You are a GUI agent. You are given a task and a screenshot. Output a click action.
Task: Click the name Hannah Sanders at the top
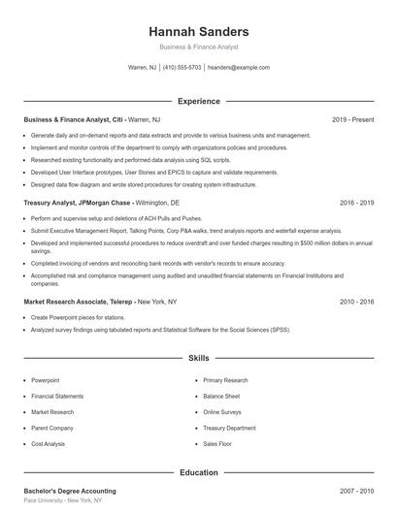tap(198, 32)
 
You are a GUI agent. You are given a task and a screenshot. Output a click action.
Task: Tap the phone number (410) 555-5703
tap(182, 68)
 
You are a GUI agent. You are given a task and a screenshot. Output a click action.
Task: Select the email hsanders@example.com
tap(239, 68)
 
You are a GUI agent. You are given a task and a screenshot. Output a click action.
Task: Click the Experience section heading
tap(198, 101)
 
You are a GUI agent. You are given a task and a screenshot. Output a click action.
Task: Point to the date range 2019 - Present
tap(352, 119)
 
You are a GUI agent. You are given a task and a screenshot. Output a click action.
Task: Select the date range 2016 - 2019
tap(356, 204)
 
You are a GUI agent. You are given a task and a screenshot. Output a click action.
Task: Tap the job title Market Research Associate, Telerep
tap(79, 302)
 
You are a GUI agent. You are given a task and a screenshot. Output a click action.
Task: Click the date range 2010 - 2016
tap(356, 302)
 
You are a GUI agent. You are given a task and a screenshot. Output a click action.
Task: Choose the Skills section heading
tap(198, 358)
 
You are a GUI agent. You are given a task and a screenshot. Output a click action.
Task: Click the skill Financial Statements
tap(57, 396)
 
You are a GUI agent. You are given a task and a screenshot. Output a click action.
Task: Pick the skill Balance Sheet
tap(222, 396)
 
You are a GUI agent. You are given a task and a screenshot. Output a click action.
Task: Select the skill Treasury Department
tap(230, 428)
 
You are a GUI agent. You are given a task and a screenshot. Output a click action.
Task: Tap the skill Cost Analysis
tap(49, 443)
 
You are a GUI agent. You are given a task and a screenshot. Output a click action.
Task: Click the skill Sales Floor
tap(218, 443)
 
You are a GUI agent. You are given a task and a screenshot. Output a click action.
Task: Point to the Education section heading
tap(198, 472)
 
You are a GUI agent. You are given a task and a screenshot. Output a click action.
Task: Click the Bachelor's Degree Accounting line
tap(70, 491)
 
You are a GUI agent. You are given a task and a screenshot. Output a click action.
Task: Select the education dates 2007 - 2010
tap(356, 491)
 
